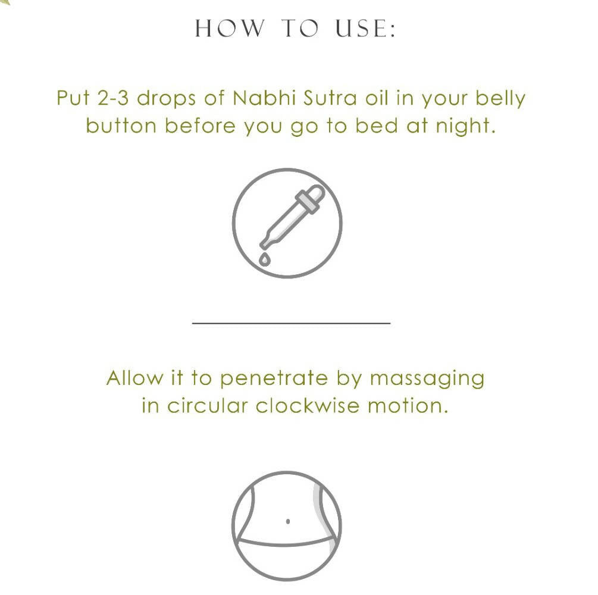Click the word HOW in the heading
(230, 28)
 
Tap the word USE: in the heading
(365, 28)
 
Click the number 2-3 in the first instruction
(113, 98)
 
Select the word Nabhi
(264, 98)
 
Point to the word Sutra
(330, 98)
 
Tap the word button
(121, 126)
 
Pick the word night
(466, 127)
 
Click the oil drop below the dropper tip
(265, 259)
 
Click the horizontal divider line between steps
(292, 323)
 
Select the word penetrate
(274, 379)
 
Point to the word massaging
(427, 380)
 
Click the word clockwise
(308, 405)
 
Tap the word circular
(208, 405)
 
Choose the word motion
(408, 406)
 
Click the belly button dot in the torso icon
(287, 521)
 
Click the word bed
(377, 126)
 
